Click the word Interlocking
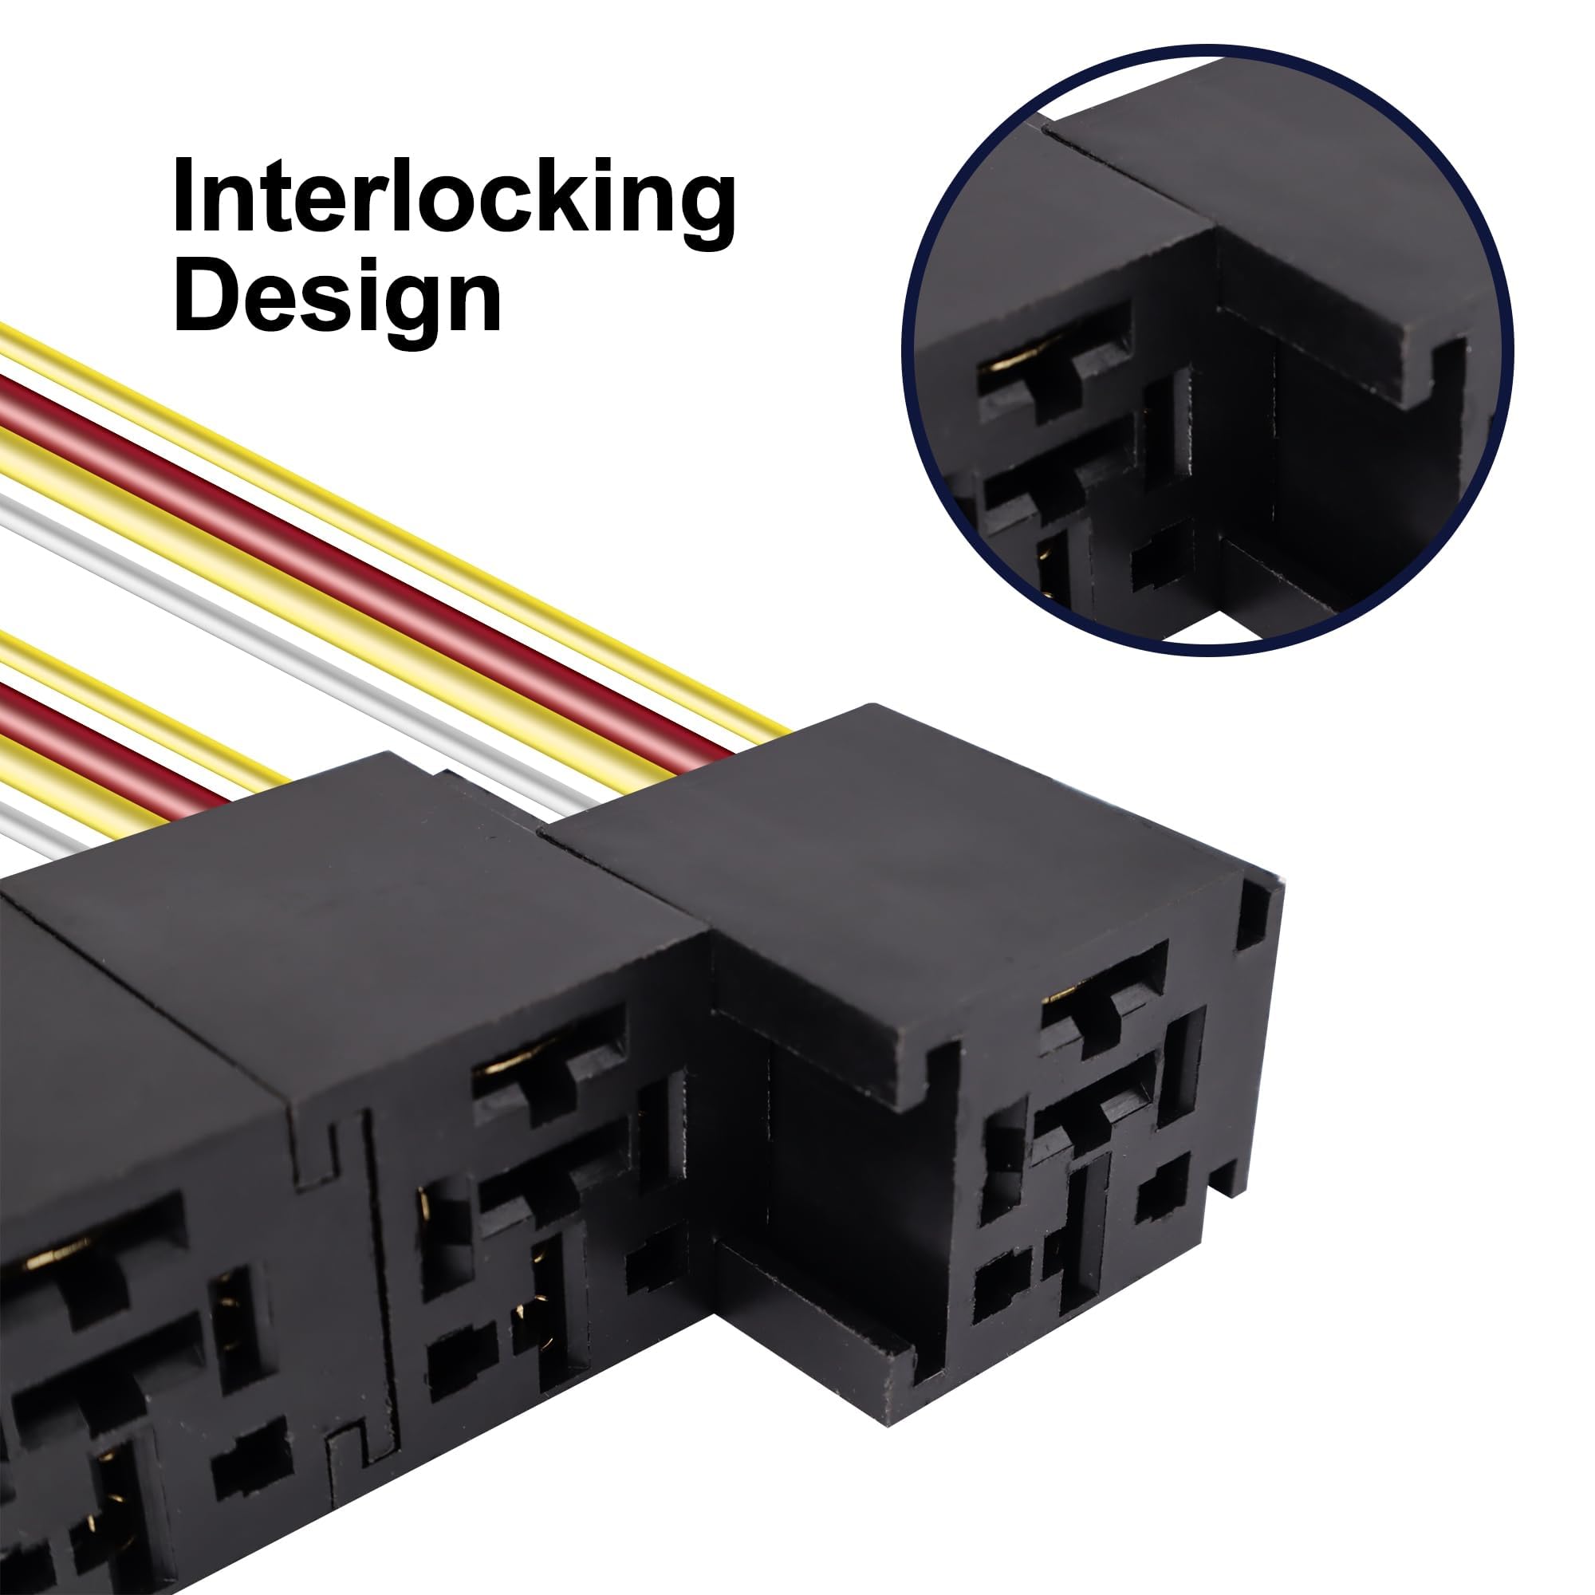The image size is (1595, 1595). coord(454,195)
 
